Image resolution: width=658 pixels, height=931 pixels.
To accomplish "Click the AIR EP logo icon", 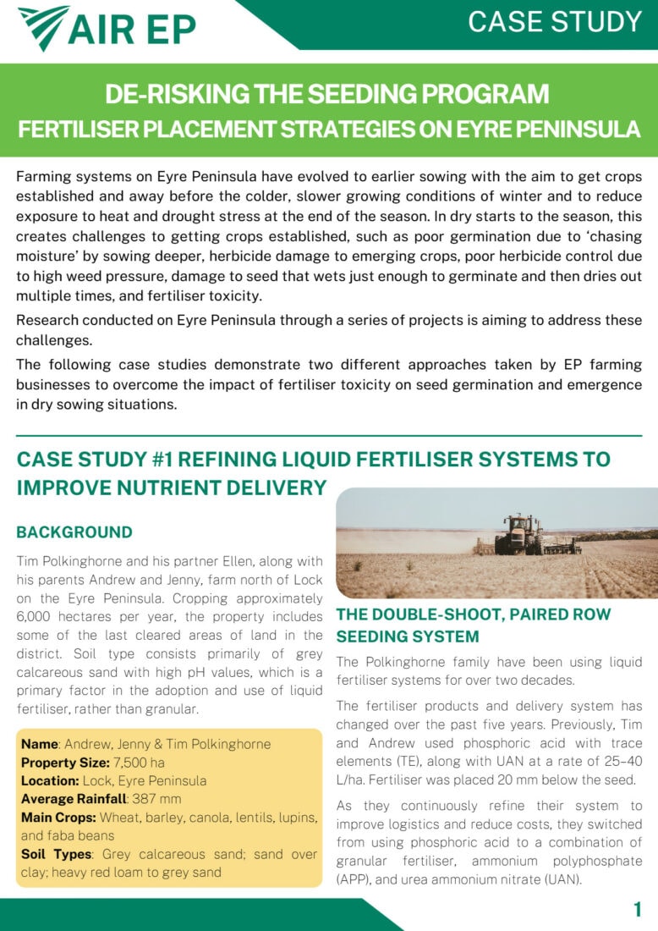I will click(42, 27).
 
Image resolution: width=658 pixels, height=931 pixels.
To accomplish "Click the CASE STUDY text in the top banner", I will click(555, 21).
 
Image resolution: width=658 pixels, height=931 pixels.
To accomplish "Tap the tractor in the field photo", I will click(522, 535).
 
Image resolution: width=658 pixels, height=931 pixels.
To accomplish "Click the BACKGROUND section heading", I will click(74, 532).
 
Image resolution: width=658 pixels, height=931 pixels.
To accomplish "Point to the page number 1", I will click(637, 910).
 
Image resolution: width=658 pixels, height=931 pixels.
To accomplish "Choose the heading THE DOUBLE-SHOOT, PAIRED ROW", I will click(473, 614).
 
